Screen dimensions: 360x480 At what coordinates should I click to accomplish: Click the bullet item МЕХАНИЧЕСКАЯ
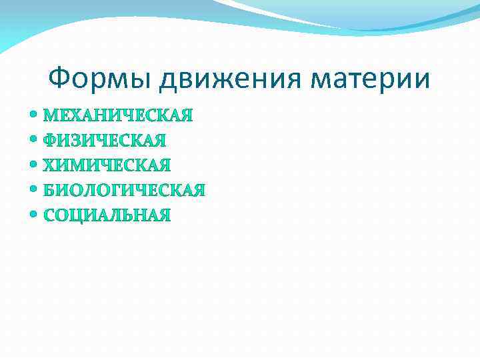tap(118, 116)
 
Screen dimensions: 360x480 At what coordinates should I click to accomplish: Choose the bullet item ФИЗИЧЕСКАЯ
tap(105, 141)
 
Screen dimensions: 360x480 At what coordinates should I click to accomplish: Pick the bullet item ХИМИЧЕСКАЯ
tap(107, 165)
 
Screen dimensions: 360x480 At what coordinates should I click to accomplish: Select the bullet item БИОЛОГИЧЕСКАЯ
tap(125, 191)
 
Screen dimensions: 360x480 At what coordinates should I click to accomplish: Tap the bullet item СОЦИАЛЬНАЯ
tap(107, 215)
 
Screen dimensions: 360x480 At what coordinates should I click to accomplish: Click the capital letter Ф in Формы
tap(60, 79)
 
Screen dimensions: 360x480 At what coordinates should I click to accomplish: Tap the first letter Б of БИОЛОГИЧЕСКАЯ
tap(49, 191)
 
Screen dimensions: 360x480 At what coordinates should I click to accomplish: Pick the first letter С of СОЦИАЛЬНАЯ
tap(49, 215)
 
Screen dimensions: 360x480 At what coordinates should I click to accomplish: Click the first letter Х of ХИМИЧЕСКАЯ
tap(49, 165)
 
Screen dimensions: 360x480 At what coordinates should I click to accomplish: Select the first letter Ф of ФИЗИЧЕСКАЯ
tap(50, 141)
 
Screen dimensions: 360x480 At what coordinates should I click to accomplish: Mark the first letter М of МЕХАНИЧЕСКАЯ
tap(51, 116)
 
